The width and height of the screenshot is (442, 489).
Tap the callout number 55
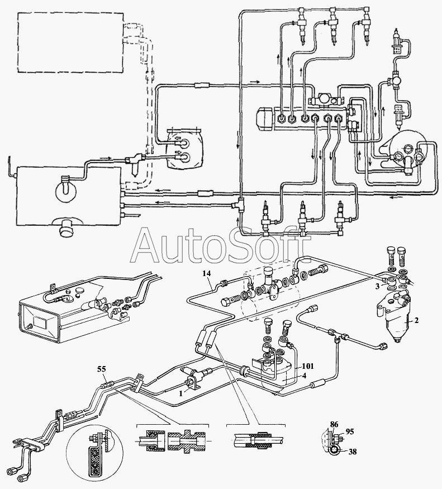pos(101,369)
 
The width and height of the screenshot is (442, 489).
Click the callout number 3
pos(378,286)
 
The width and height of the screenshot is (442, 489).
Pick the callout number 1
pos(180,393)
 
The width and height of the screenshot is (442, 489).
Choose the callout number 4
pos(304,376)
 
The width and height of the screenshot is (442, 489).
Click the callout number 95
pos(349,431)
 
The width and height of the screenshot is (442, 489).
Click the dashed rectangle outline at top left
pos(69,44)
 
